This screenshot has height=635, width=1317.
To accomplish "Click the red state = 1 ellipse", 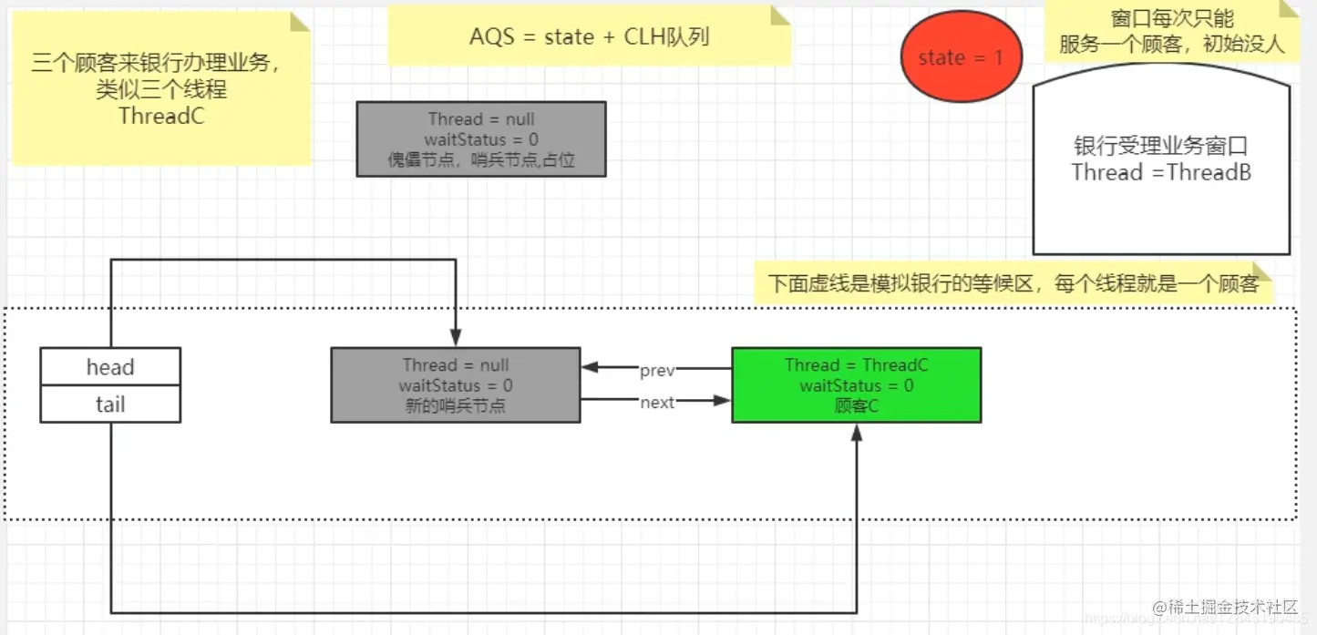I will pyautogui.click(x=961, y=57).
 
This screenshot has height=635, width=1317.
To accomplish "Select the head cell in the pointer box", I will pyautogui.click(x=110, y=367).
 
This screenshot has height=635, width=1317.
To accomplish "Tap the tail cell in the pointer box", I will pyautogui.click(x=110, y=405).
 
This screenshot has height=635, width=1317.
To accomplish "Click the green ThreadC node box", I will pyautogui.click(x=856, y=385).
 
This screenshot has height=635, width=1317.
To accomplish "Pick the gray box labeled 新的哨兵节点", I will pyautogui.click(x=455, y=385).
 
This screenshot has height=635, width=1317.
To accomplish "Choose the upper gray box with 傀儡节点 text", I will pyautogui.click(x=480, y=139).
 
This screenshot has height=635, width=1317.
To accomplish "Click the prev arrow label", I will pyautogui.click(x=656, y=370).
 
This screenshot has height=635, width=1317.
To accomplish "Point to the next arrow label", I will pyautogui.click(x=656, y=402).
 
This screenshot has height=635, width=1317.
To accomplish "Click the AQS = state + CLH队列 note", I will pyautogui.click(x=589, y=36).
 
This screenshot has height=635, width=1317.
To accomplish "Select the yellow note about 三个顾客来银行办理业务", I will pyautogui.click(x=161, y=89).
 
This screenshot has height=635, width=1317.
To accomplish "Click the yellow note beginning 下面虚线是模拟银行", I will pyautogui.click(x=1012, y=283).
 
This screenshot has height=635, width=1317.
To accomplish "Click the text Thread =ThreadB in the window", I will pyautogui.click(x=1160, y=172).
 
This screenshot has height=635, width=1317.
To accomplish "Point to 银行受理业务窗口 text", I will pyautogui.click(x=1160, y=147).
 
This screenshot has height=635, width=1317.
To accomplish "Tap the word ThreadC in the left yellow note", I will pyautogui.click(x=161, y=116).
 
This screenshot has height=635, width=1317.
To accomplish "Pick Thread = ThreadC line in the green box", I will pyautogui.click(x=856, y=365).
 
